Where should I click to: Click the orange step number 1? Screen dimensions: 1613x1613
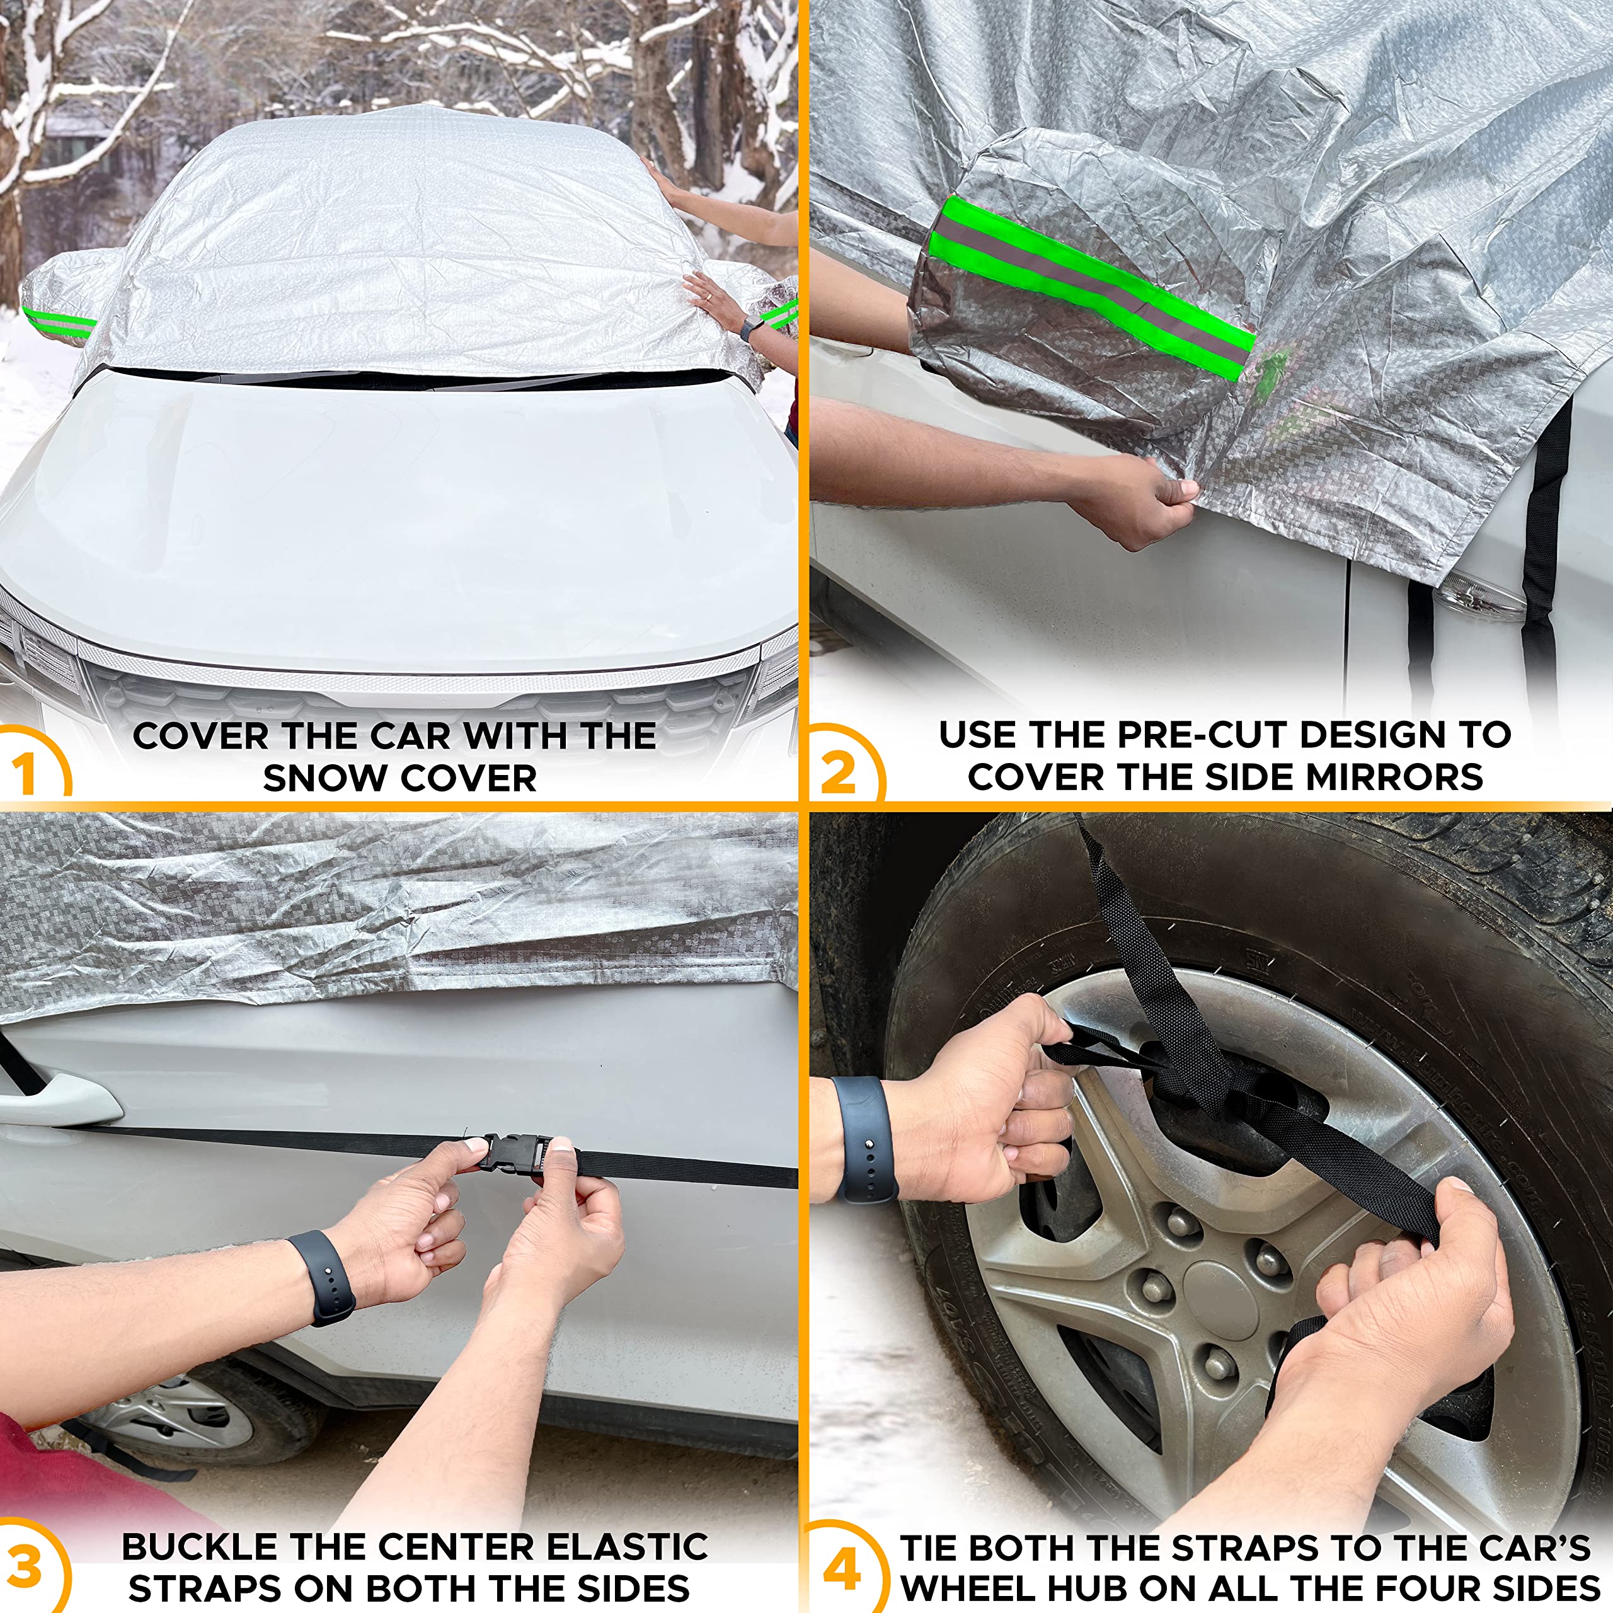(26, 772)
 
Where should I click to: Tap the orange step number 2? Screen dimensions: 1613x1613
(837, 772)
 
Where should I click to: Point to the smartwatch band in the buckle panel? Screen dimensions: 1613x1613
(322, 1277)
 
